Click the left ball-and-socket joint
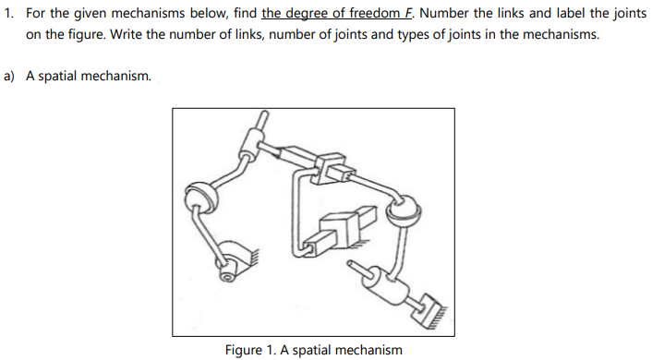point(199,196)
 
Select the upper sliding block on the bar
point(329,166)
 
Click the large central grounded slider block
point(341,224)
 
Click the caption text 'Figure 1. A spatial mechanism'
point(313,349)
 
